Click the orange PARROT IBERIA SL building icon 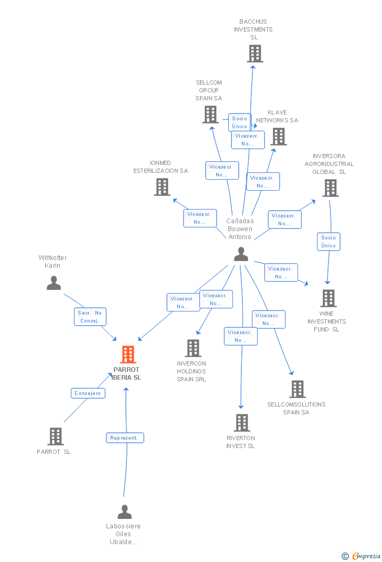coord(128,355)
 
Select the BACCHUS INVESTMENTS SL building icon coord(255,54)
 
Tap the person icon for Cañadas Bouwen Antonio coord(241,254)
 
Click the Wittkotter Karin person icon coord(54,283)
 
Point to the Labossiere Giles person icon coord(124,512)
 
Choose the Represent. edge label coord(125,438)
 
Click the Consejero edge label coord(88,393)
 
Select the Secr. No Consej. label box coord(90,317)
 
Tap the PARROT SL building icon coord(56,436)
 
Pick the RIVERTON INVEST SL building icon coord(241,422)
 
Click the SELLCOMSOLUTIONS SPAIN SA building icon coord(298,389)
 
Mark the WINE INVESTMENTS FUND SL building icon coord(328,298)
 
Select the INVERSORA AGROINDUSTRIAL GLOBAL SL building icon coord(330,188)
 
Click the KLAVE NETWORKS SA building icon coord(278,137)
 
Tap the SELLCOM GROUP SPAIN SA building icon coord(210,114)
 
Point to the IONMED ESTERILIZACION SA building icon coord(162,186)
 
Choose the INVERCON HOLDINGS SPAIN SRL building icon coord(193,348)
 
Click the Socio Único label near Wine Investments coord(329,242)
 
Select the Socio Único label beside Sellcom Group coord(240,122)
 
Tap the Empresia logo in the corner coord(362,556)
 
